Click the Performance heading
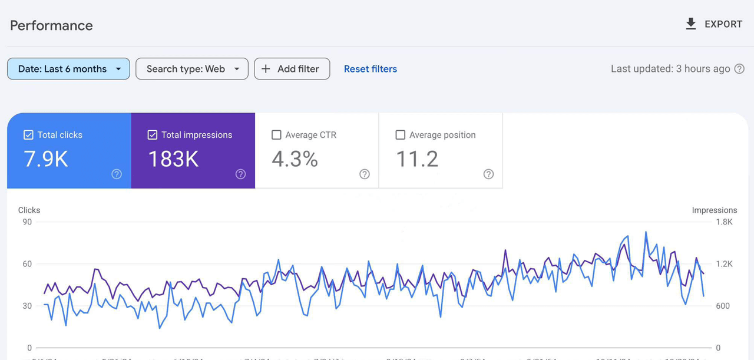pyautogui.click(x=51, y=25)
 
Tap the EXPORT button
pyautogui.click(x=713, y=24)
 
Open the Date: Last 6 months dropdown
pyautogui.click(x=68, y=69)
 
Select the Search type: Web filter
pyautogui.click(x=192, y=69)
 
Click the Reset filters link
pyautogui.click(x=370, y=69)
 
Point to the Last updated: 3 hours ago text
pyautogui.click(x=670, y=69)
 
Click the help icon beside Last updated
pyautogui.click(x=739, y=69)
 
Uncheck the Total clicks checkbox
pyautogui.click(x=28, y=135)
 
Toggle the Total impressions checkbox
pyautogui.click(x=153, y=135)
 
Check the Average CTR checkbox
pyautogui.click(x=276, y=135)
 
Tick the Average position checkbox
pyautogui.click(x=401, y=135)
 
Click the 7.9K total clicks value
pyautogui.click(x=46, y=159)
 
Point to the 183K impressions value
pyautogui.click(x=173, y=159)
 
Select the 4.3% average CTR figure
pyautogui.click(x=295, y=159)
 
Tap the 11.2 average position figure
pyautogui.click(x=417, y=159)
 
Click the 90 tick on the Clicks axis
pyautogui.click(x=27, y=222)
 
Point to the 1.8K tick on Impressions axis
pyautogui.click(x=724, y=222)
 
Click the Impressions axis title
pyautogui.click(x=714, y=210)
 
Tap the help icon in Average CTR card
pyautogui.click(x=365, y=174)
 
